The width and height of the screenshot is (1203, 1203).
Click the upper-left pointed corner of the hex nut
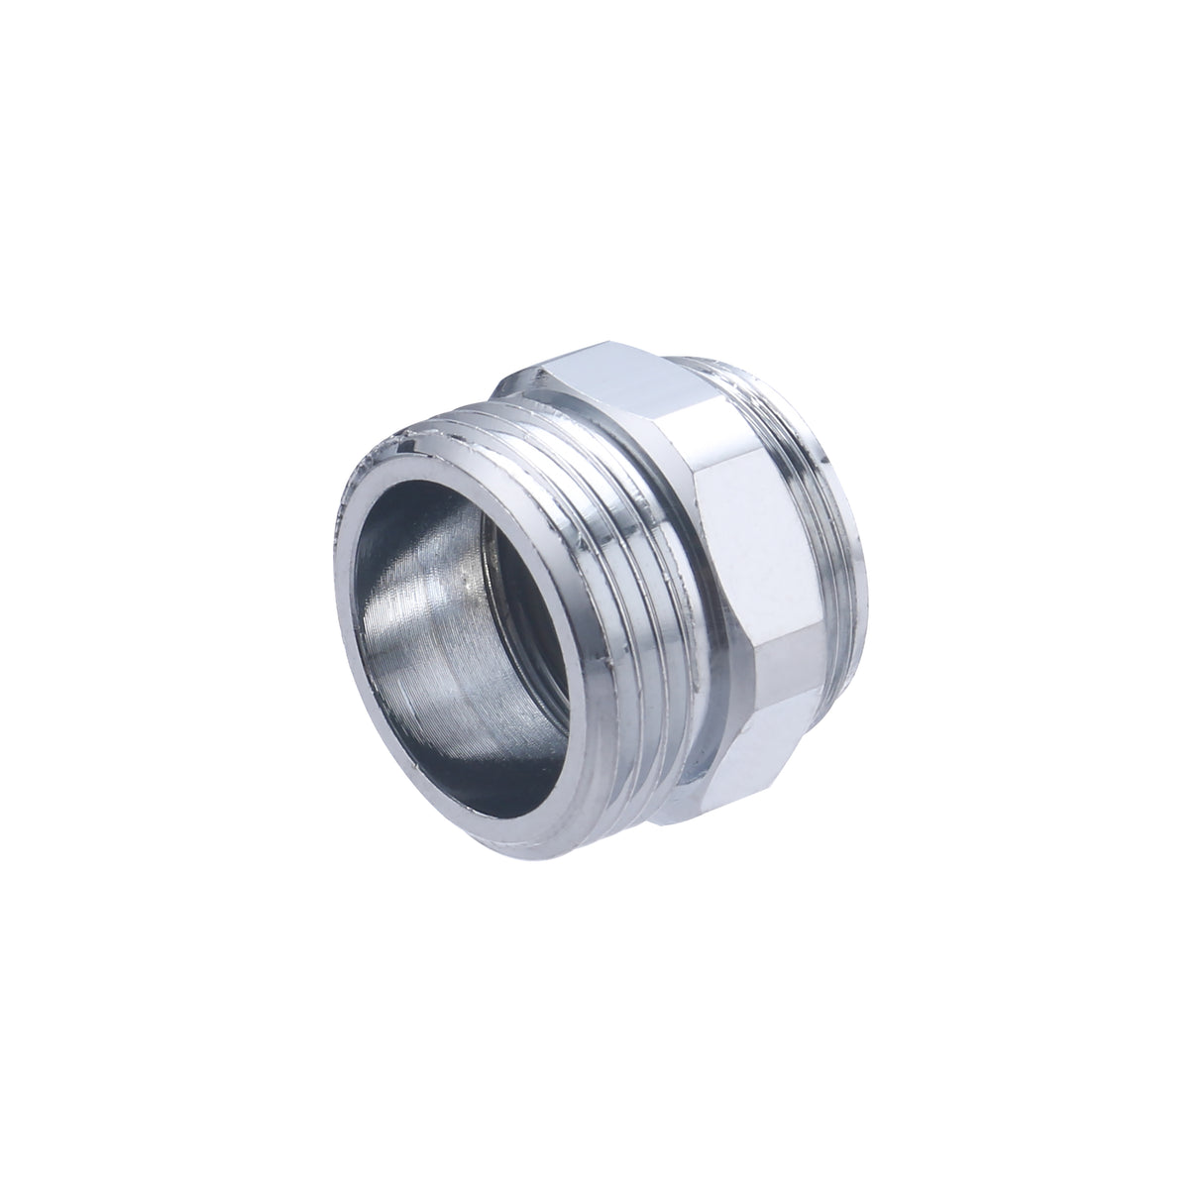click(540, 372)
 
